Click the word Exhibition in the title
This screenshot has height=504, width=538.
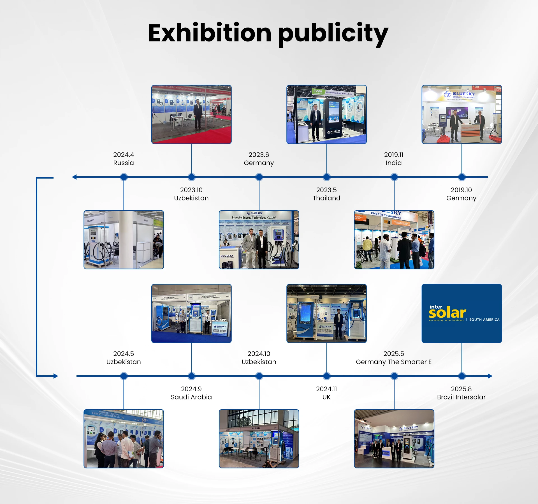point(210,33)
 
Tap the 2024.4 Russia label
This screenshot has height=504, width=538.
point(124,159)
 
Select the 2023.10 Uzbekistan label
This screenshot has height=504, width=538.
point(191,194)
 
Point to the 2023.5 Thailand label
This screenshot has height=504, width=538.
point(326,194)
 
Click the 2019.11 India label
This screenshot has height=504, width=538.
point(394,159)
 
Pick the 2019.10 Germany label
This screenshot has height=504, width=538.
point(461,194)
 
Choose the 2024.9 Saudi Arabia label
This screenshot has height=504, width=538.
point(191,393)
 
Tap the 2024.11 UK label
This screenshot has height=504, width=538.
point(326,393)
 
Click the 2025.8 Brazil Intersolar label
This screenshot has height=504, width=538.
point(461,393)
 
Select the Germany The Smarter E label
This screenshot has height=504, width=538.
point(394,362)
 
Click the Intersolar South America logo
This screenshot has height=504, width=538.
point(462,313)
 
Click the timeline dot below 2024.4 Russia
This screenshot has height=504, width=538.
point(124,177)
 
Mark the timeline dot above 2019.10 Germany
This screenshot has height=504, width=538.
point(462,177)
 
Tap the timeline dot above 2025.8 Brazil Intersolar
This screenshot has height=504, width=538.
point(462,376)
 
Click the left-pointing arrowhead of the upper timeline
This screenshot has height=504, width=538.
point(74,177)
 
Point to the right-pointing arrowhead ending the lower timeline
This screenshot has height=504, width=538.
point(490,376)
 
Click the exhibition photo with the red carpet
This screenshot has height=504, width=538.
point(191,114)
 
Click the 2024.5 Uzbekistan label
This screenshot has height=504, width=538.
point(124,358)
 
